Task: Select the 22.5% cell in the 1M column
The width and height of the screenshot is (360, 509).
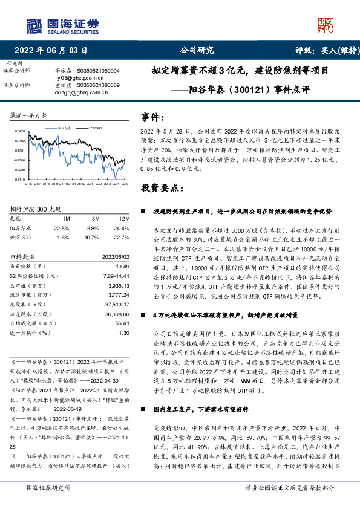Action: [x=62, y=228]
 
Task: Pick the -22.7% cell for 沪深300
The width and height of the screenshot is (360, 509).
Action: [x=121, y=237]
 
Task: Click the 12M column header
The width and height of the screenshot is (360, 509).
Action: [x=123, y=218]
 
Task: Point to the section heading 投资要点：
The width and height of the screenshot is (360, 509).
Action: [x=159, y=189]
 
